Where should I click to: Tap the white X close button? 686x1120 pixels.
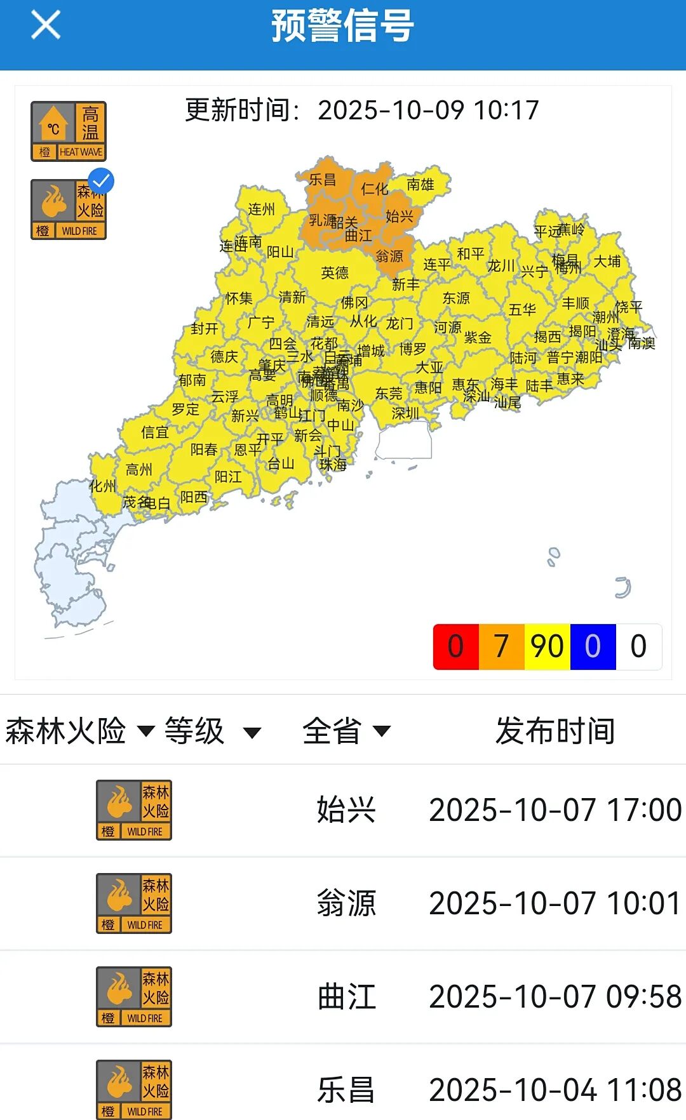pyautogui.click(x=46, y=25)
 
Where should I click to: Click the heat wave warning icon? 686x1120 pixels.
pyautogui.click(x=69, y=131)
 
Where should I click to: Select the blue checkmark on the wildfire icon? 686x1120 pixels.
pyautogui.click(x=101, y=181)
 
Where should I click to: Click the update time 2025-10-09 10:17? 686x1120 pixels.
pyautogui.click(x=428, y=110)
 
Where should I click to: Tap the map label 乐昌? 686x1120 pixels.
pyautogui.click(x=323, y=180)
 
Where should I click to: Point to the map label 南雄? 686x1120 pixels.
pyautogui.click(x=420, y=185)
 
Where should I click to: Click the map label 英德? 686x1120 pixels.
pyautogui.click(x=335, y=273)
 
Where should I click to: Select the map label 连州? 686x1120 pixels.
pyautogui.click(x=262, y=210)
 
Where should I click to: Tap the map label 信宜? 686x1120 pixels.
pyautogui.click(x=155, y=432)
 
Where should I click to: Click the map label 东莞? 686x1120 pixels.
pyautogui.click(x=389, y=394)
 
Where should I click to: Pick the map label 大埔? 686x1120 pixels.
pyautogui.click(x=607, y=262)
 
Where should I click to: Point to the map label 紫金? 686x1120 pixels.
pyautogui.click(x=478, y=337)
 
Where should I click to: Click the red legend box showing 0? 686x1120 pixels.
pyautogui.click(x=455, y=646)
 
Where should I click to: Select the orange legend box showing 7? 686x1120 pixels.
pyautogui.click(x=501, y=646)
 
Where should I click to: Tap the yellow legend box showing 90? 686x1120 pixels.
pyautogui.click(x=547, y=646)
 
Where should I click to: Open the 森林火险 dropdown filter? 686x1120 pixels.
pyautogui.click(x=79, y=731)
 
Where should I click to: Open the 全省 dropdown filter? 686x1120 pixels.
pyautogui.click(x=346, y=731)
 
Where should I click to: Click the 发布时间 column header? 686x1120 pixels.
pyautogui.click(x=555, y=731)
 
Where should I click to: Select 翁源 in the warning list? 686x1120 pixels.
pyautogui.click(x=347, y=903)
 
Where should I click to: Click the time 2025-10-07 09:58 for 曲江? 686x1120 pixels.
pyautogui.click(x=555, y=996)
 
